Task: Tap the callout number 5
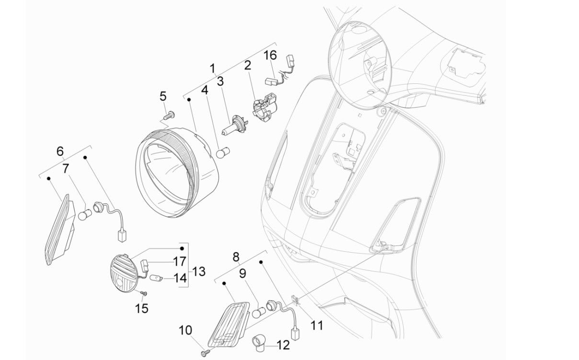tap(163, 96)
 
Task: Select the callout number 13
tap(199, 271)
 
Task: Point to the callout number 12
tap(283, 345)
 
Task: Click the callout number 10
tap(185, 330)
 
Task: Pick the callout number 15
tap(141, 308)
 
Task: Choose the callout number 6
tap(60, 151)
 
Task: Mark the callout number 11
tap(316, 325)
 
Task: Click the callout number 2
tap(248, 65)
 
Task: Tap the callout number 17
tap(179, 262)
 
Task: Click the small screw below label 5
tap(169, 115)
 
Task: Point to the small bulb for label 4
tap(221, 153)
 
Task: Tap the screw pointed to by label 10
tap(205, 352)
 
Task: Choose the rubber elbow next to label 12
tap(259, 342)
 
